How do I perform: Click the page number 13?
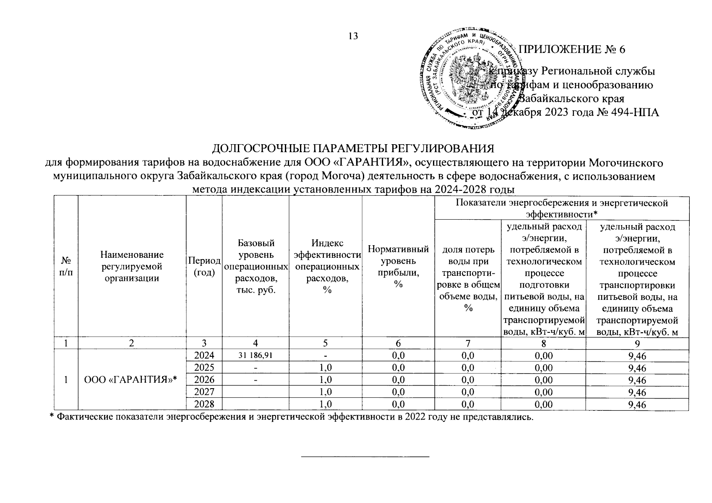353,36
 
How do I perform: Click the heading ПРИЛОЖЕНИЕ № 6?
572,49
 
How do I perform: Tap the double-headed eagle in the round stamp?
469,78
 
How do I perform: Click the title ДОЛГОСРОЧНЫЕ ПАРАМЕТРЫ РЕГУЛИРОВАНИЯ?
353,149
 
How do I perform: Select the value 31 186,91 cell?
255,355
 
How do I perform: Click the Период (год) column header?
204,266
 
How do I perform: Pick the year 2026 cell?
204,380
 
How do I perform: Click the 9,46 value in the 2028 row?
637,404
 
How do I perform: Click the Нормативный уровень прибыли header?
398,266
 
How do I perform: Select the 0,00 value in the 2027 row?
543,392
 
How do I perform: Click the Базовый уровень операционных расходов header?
256,266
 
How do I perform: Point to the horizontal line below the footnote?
366,456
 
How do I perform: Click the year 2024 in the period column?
204,355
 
